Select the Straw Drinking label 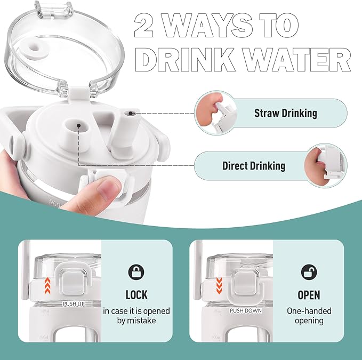pyautogui.click(x=286, y=113)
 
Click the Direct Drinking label pyautogui.click(x=254, y=166)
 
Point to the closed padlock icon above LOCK pyautogui.click(x=136, y=272)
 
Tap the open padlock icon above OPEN pyautogui.click(x=309, y=272)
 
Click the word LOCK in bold pyautogui.click(x=136, y=295)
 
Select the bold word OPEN pyautogui.click(x=309, y=295)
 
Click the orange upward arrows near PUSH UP pyautogui.click(x=47, y=286)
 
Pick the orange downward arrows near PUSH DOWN pyautogui.click(x=219, y=286)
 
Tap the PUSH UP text pyautogui.click(x=74, y=304)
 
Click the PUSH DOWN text pyautogui.click(x=246, y=311)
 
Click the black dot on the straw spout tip pyautogui.click(x=131, y=113)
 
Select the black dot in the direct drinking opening pyautogui.click(x=79, y=125)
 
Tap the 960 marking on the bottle pyautogui.click(x=55, y=203)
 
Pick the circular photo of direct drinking pyautogui.click(x=326, y=165)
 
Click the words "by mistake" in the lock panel pyautogui.click(x=136, y=321)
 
